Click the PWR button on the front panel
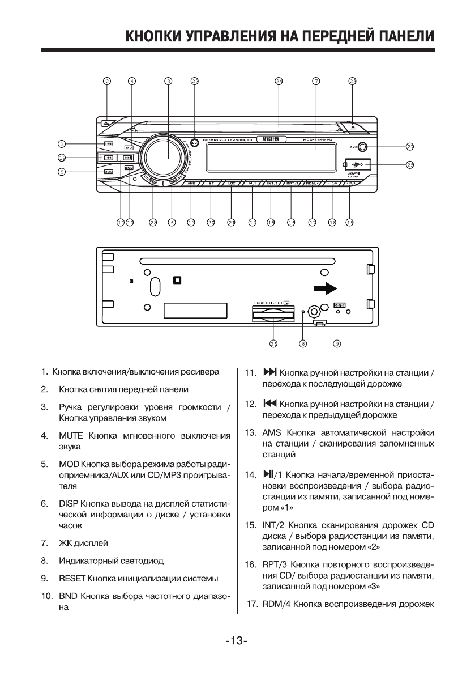point(108,144)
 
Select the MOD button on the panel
point(108,170)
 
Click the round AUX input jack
point(362,147)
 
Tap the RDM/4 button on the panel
point(313,184)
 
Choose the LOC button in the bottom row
point(231,184)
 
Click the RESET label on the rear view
point(339,304)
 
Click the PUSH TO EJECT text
point(268,303)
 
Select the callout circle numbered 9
point(337,343)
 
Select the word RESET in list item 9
point(72,579)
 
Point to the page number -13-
point(237,641)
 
